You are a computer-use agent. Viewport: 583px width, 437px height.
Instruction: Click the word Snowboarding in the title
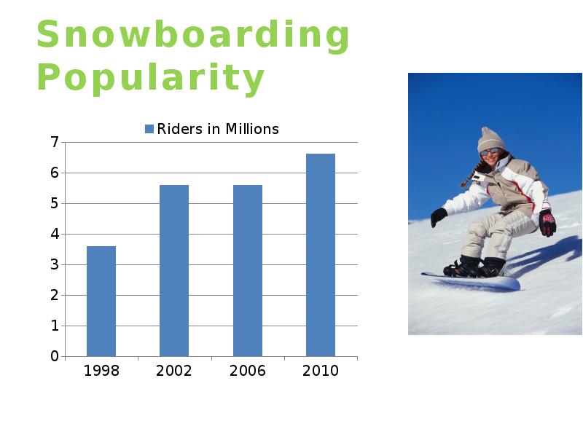(193, 36)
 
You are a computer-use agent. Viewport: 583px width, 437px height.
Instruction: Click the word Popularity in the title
(151, 79)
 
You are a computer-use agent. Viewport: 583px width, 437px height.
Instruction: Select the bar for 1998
(101, 302)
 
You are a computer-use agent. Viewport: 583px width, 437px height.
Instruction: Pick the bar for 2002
(174, 271)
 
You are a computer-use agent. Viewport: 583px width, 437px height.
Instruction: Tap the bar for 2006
(248, 271)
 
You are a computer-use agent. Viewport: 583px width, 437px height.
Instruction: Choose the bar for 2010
(321, 256)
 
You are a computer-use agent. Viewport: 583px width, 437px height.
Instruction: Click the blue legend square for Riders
(149, 129)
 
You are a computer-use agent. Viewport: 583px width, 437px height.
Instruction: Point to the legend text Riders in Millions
(218, 129)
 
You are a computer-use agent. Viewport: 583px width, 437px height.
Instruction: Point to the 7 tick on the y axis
(55, 142)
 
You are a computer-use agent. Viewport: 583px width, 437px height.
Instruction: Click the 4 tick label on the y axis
(55, 234)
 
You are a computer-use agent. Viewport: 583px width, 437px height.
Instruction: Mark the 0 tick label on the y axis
(55, 356)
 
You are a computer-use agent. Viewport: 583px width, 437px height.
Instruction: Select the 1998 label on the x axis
(101, 371)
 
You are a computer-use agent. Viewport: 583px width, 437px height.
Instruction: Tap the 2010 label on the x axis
(321, 371)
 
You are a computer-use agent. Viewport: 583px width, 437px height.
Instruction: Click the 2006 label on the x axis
(248, 371)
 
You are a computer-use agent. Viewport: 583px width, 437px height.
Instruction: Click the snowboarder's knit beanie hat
(490, 139)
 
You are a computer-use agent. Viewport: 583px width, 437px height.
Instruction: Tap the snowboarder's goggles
(489, 151)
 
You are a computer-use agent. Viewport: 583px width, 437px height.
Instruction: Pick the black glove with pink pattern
(548, 223)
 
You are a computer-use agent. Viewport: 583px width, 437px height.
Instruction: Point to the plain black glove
(439, 217)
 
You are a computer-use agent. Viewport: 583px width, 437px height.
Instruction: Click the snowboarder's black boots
(474, 267)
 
